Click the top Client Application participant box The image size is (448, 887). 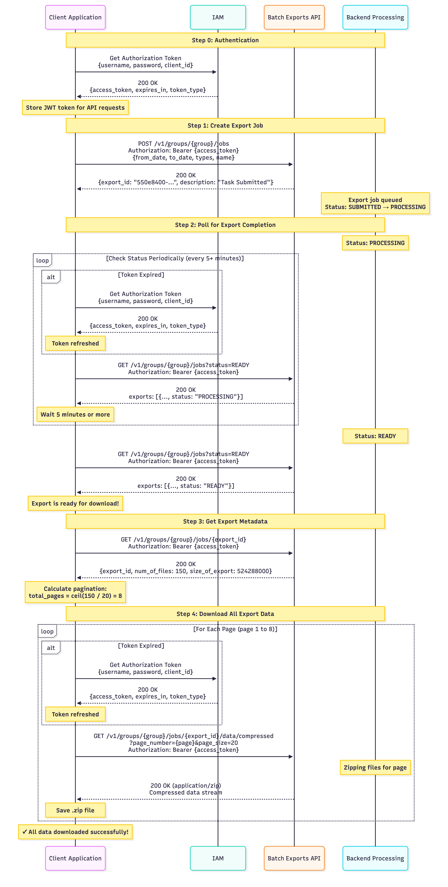tap(75, 17)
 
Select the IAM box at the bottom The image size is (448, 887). tap(218, 858)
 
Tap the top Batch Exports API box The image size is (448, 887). tap(294, 17)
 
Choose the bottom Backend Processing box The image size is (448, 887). tap(375, 858)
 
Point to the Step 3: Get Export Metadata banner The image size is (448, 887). tap(225, 521)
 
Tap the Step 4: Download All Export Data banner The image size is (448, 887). tap(225, 614)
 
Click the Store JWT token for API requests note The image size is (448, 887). tap(75, 107)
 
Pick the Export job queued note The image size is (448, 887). tap(375, 203)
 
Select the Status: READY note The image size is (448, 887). tap(375, 436)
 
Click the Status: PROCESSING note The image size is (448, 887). tap(375, 243)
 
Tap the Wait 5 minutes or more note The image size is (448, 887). tap(75, 414)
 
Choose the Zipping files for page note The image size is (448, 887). tap(375, 767)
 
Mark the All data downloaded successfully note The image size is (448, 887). tap(75, 832)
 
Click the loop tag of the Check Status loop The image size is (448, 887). tap(42, 260)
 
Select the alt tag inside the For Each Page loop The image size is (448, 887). tap(51, 648)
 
